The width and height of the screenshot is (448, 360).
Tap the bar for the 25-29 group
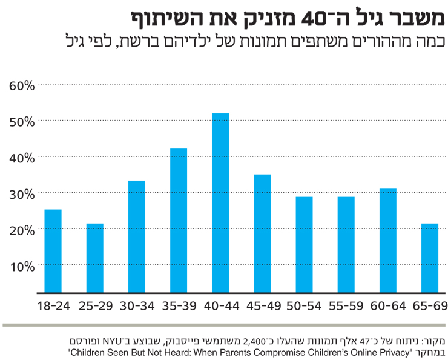coord(94,258)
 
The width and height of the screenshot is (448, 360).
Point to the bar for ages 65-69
coord(429,258)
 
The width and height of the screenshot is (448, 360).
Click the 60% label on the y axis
coord(22,85)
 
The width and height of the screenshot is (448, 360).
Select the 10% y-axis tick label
coord(22,265)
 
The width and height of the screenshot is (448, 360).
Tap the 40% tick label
coord(22,157)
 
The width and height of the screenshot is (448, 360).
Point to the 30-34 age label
coord(137,305)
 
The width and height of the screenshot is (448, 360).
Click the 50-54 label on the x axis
coord(304,305)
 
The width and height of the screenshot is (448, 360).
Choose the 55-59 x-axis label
coord(346,305)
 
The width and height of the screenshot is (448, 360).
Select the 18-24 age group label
coord(53,305)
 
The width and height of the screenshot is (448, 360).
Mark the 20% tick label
coord(22,229)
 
